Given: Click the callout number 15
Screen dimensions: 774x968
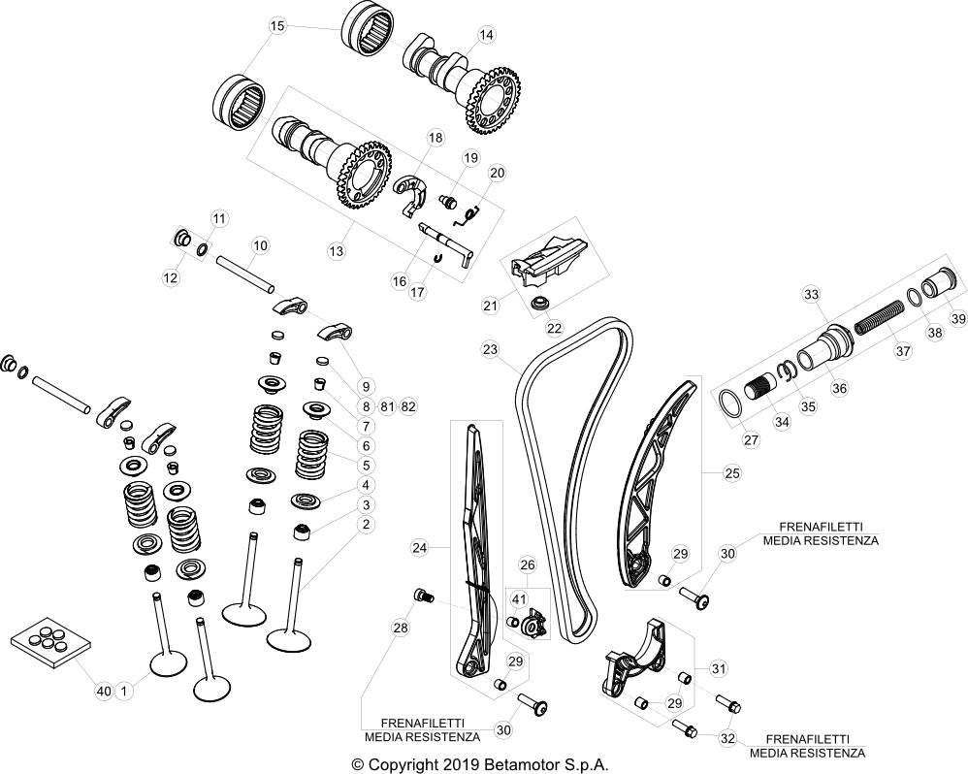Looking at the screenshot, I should (x=277, y=26).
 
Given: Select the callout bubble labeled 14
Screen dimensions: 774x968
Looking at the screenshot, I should (x=487, y=35).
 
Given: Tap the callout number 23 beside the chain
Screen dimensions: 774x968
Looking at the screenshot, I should (x=490, y=348).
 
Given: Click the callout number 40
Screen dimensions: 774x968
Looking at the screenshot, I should (x=103, y=691).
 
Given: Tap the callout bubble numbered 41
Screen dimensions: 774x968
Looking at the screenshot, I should (x=519, y=598).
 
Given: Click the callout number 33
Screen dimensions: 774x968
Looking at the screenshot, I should (x=811, y=294).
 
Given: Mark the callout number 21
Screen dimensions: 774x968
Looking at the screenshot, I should (x=490, y=306).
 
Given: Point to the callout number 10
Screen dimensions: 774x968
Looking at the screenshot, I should (x=259, y=245).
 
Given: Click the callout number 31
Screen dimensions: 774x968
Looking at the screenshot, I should (x=719, y=668).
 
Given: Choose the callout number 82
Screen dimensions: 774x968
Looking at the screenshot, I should (x=407, y=405).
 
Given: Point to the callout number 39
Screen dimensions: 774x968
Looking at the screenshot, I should (x=957, y=319).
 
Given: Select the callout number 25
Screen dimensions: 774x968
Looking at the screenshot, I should (x=732, y=473).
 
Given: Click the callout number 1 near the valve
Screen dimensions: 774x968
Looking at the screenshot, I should (x=123, y=691).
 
